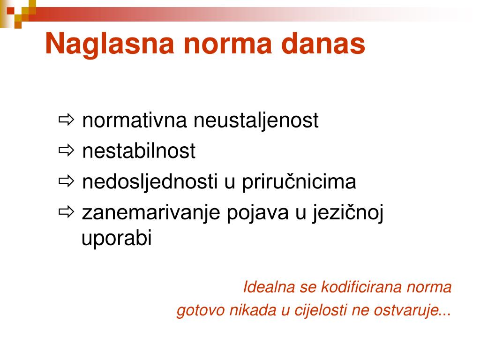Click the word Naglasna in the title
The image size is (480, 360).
tap(110, 45)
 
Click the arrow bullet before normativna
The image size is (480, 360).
tap(66, 120)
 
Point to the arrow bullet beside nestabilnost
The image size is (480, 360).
tap(66, 150)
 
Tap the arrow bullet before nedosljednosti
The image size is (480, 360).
tap(66, 181)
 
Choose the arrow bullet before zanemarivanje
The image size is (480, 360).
tap(66, 211)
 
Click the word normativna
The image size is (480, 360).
tap(135, 120)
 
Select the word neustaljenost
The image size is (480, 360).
tap(256, 121)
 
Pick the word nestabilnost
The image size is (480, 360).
tap(139, 150)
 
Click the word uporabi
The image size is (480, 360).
tap(117, 239)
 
